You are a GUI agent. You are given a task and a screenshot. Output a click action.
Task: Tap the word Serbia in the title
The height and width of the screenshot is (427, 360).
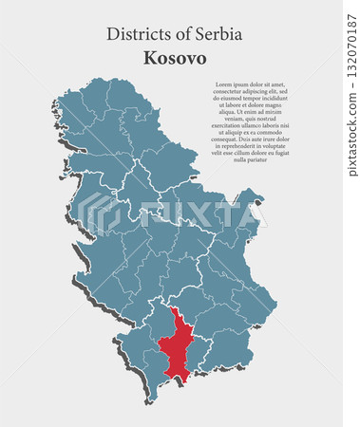[218, 34]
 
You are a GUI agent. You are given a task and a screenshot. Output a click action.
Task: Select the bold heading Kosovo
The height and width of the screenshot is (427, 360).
[175, 58]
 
